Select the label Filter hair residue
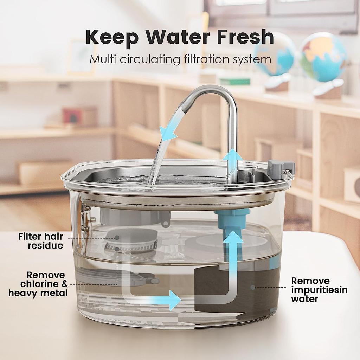pyautogui.click(x=41, y=241)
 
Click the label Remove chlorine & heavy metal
pyautogui.click(x=38, y=284)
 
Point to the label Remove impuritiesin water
pyautogui.click(x=319, y=290)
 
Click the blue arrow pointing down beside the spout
pyautogui.click(x=168, y=133)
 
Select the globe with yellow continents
pyautogui.click(x=323, y=56)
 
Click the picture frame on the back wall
pyautogui.click(x=82, y=56)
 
